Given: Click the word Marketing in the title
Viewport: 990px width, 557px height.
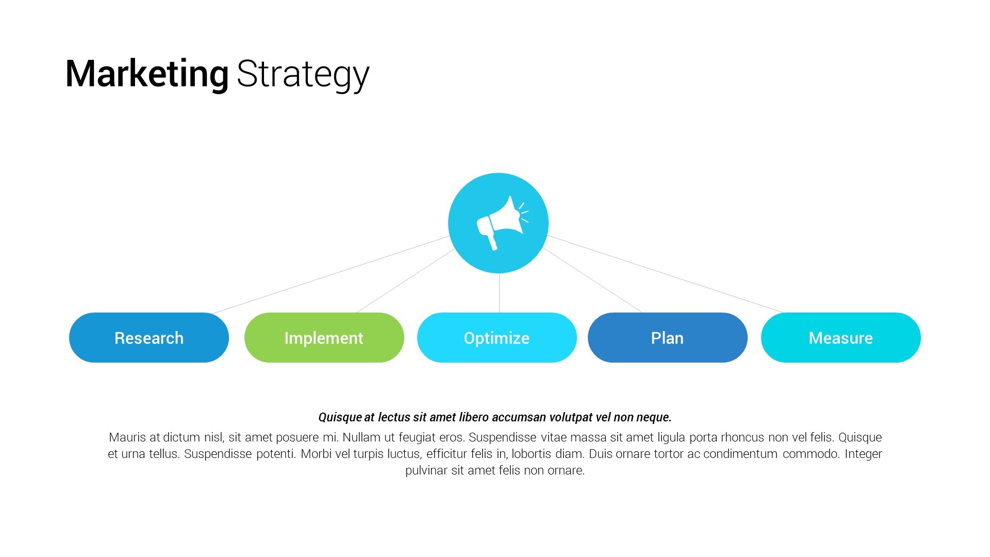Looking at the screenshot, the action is click(147, 74).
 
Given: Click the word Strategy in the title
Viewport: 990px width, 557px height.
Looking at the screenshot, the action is click(303, 75).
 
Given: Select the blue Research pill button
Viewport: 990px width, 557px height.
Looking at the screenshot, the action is click(149, 338).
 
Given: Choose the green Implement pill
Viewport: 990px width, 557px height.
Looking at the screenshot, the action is click(324, 338).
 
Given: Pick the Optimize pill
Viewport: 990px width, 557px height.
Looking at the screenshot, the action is click(497, 338).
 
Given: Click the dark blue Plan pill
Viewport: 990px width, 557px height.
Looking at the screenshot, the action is click(668, 338).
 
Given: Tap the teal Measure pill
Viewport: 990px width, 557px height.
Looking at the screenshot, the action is click(841, 338).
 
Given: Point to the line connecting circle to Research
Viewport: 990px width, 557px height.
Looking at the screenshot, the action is click(331, 275).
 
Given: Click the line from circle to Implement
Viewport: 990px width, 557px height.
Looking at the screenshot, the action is click(406, 281).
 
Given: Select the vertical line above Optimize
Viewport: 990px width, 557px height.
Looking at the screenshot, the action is click(499, 293).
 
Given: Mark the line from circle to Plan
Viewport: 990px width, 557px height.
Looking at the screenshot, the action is click(592, 280).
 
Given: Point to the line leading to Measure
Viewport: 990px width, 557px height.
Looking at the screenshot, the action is click(665, 274).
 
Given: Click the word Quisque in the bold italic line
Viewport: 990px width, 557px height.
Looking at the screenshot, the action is click(340, 417).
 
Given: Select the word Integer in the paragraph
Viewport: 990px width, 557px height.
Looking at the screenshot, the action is click(863, 454).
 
